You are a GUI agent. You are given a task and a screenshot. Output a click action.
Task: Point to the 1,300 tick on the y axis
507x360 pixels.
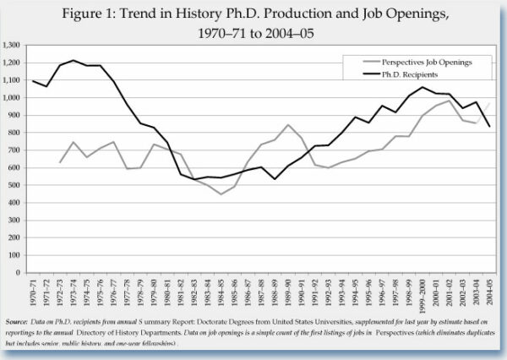(13, 45)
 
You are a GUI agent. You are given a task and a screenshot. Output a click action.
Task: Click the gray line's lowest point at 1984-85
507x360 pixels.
(221, 194)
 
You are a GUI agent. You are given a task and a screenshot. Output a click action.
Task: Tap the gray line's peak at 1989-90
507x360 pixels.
(289, 125)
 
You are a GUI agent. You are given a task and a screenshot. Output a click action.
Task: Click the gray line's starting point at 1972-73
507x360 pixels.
(60, 162)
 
